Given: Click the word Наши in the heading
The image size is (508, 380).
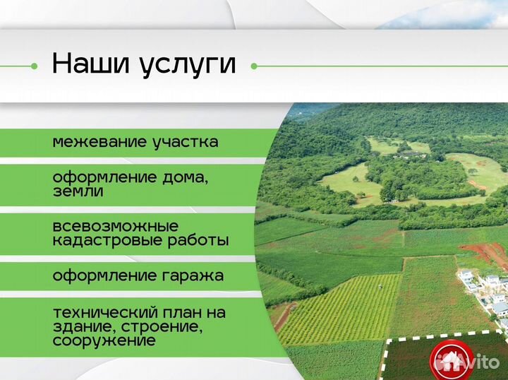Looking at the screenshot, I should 89,64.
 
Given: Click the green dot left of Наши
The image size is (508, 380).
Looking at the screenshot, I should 34,66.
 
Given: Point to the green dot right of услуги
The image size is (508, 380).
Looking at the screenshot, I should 254,66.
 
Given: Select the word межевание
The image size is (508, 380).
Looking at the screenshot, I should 99,142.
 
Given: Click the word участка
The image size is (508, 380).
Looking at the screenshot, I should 186,142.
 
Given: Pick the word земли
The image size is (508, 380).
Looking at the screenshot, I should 78,191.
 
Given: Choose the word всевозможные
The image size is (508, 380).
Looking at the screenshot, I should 115,227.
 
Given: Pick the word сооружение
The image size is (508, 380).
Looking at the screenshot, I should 104,340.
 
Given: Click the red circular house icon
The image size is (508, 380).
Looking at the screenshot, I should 447,357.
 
